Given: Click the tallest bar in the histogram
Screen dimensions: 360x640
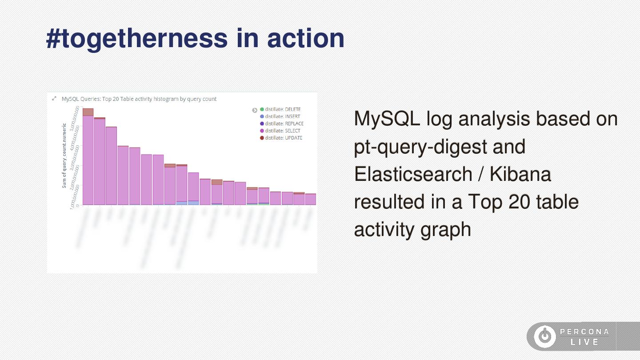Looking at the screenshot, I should [88, 160].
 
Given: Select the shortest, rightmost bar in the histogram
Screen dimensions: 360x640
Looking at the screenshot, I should [310, 199].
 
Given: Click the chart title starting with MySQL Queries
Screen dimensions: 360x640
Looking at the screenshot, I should [139, 99].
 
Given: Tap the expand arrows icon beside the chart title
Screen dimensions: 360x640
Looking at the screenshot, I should [54, 99].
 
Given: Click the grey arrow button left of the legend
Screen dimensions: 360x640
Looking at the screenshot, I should [255, 110].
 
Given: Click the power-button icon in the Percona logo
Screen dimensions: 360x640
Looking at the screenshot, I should [544, 336].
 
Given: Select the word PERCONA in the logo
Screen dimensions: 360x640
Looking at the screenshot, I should [584, 332].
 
